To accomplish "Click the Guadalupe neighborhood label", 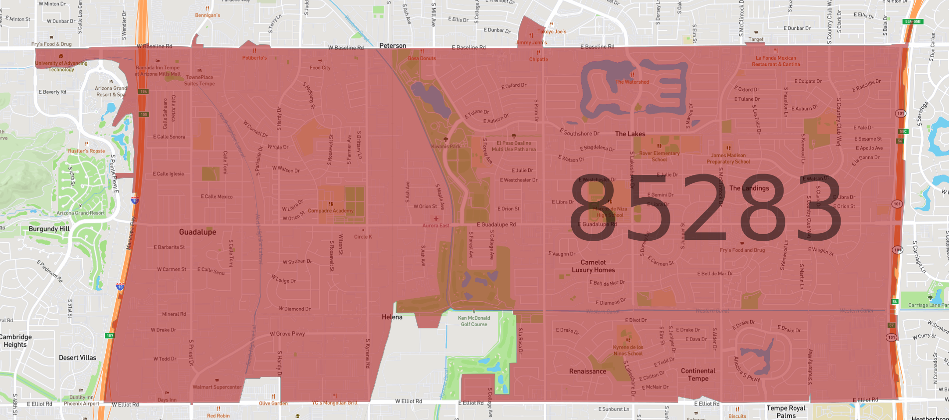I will click(197, 232).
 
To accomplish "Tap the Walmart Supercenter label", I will click(217, 387).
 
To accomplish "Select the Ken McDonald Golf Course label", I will click(474, 321).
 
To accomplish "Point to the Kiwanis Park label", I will click(446, 146).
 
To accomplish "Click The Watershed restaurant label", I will click(632, 82).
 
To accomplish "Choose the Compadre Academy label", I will click(330, 210).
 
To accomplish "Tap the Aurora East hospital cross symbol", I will click(436, 218).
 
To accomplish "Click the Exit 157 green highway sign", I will click(110, 336).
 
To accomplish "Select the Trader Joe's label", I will click(551, 31).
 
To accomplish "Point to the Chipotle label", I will click(538, 59).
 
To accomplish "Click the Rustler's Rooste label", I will click(86, 151).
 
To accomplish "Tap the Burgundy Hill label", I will click(49, 229).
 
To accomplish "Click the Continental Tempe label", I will click(698, 374).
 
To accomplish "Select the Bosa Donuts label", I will click(422, 58).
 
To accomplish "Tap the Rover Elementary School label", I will click(659, 156).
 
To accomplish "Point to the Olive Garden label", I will click(273, 403).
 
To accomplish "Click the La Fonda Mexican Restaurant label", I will click(776, 61).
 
